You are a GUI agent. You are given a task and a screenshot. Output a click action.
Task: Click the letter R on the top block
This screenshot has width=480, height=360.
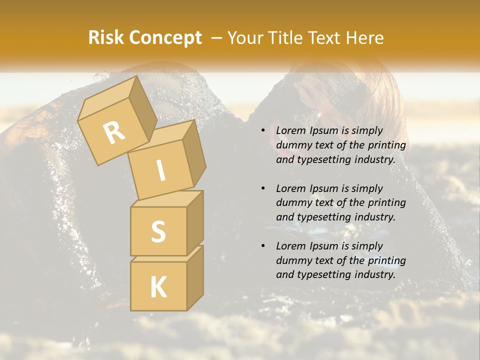114,132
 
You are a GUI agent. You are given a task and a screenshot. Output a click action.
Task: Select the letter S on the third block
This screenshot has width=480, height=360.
158,231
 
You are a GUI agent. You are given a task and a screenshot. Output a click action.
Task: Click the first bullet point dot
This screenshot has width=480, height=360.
262,130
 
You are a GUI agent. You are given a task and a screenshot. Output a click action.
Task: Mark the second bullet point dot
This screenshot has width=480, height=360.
262,188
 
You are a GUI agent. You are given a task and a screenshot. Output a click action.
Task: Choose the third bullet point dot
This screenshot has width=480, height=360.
262,246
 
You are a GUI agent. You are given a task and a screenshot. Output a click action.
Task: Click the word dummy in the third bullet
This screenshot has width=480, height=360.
292,260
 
